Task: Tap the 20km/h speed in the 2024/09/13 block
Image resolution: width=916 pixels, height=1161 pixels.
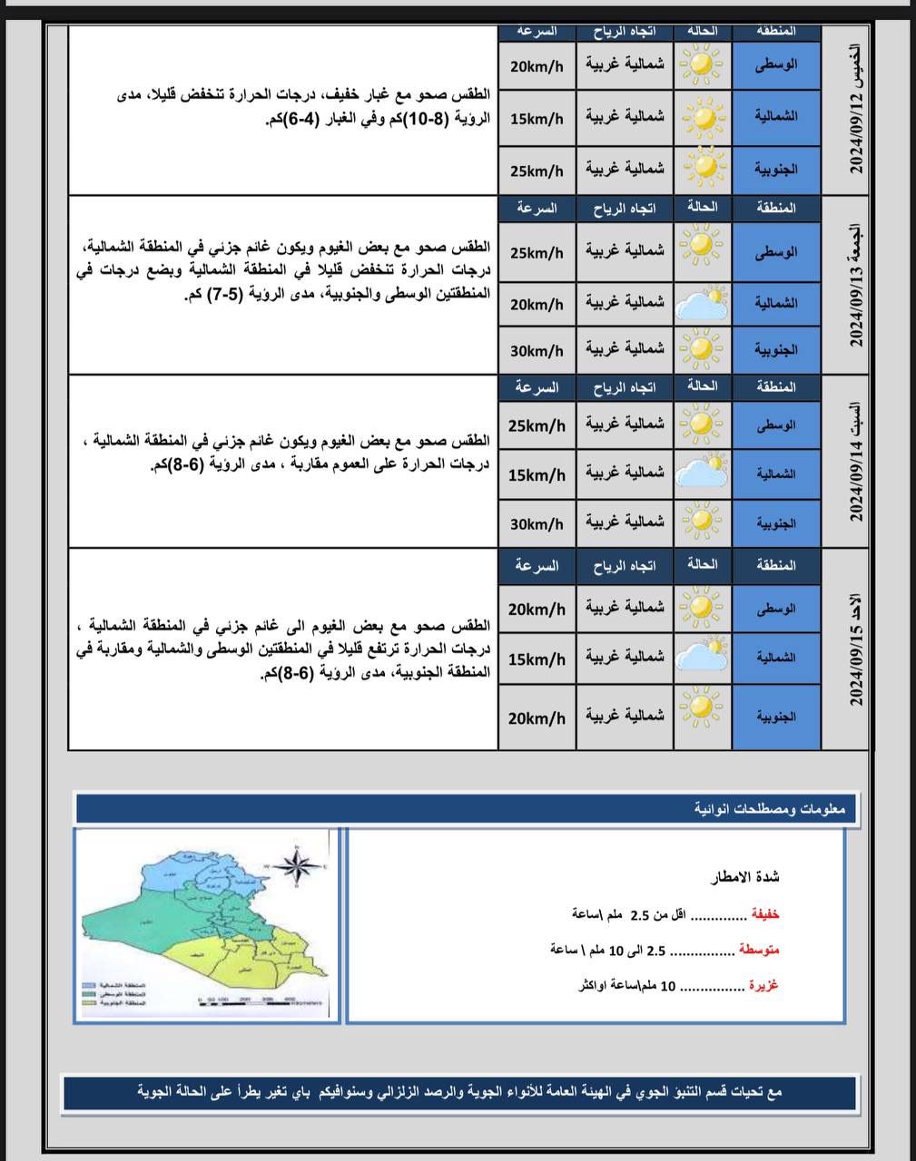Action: click(x=537, y=304)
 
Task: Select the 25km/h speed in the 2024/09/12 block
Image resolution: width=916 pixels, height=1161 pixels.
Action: click(x=537, y=170)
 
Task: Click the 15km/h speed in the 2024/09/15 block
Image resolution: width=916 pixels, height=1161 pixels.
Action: click(x=537, y=659)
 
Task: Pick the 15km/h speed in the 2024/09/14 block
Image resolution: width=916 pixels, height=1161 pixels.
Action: click(x=537, y=474)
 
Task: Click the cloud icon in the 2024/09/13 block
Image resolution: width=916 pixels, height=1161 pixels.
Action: click(x=704, y=302)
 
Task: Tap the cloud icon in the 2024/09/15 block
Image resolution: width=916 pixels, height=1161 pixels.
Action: click(x=704, y=658)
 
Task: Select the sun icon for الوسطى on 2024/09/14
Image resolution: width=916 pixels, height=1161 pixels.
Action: click(x=702, y=424)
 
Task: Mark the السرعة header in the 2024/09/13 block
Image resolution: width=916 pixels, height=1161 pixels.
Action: click(x=536, y=208)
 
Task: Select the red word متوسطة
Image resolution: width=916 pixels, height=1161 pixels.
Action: click(x=759, y=950)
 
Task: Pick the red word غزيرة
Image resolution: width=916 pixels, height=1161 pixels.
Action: click(x=763, y=985)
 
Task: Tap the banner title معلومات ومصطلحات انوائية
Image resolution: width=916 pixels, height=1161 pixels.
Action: click(x=770, y=808)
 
